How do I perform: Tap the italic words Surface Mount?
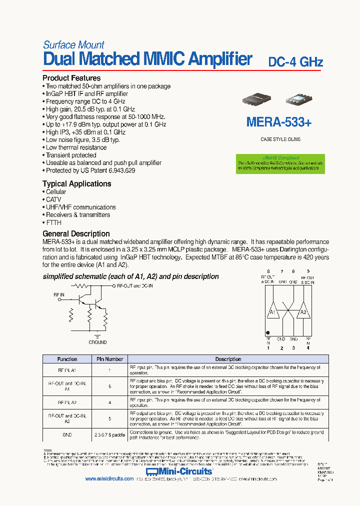tap(73, 45)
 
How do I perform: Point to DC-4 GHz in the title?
tap(295, 62)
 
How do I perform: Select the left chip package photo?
tap(257, 100)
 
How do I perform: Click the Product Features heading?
tap(71, 78)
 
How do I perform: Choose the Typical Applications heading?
tap(76, 183)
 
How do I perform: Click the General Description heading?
tap(76, 233)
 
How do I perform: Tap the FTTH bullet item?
tap(53, 222)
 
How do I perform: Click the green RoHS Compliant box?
tap(280, 163)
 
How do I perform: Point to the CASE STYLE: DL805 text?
tap(280, 139)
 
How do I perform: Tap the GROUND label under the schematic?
tap(97, 342)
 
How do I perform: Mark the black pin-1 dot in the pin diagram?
tap(268, 332)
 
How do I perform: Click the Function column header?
tap(67, 359)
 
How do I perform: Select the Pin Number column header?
tap(109, 359)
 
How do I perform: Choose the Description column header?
tap(228, 359)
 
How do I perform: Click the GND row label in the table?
tap(67, 435)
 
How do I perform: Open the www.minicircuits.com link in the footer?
tap(108, 478)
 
